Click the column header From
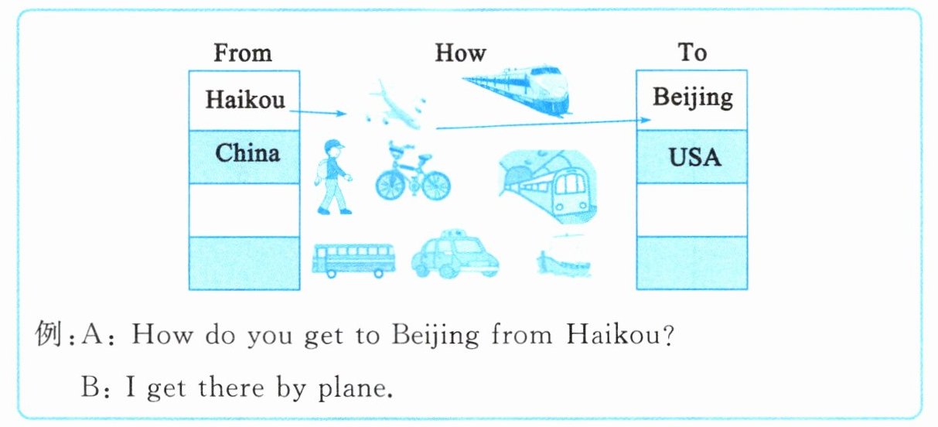click(x=243, y=53)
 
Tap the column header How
click(x=460, y=53)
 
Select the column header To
click(x=692, y=53)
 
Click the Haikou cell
click(x=245, y=100)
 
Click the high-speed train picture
click(x=520, y=87)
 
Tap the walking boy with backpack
click(x=333, y=177)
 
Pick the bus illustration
click(x=353, y=259)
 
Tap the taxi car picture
click(x=454, y=255)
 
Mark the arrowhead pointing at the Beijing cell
click(x=647, y=120)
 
